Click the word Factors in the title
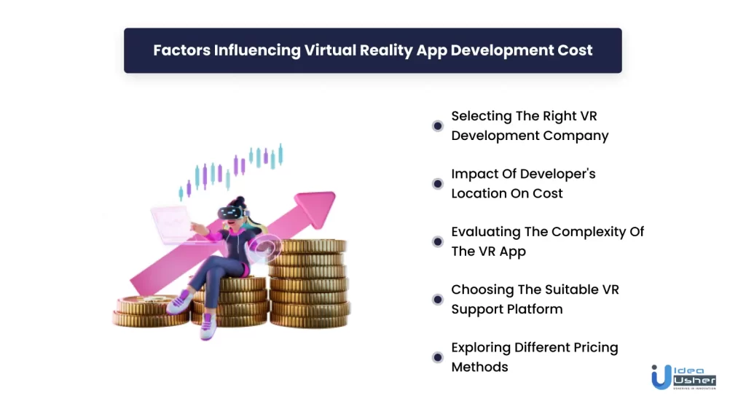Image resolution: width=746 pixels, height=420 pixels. click(181, 50)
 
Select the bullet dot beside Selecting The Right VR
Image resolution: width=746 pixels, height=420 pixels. click(437, 125)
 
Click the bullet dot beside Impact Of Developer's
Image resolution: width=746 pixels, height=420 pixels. click(437, 184)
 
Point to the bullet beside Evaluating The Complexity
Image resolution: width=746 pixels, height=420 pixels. click(437, 241)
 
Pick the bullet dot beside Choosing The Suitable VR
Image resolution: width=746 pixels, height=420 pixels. click(437, 300)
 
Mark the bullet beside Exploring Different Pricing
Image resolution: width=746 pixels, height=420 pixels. click(437, 357)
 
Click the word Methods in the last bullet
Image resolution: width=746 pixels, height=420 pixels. click(479, 367)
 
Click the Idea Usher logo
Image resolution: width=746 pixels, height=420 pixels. click(683, 377)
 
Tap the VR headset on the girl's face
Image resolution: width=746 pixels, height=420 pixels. click(232, 212)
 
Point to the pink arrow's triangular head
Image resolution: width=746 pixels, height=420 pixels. click(316, 208)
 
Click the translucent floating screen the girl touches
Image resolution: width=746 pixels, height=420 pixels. click(173, 225)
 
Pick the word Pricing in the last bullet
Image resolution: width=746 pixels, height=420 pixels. click(596, 348)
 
